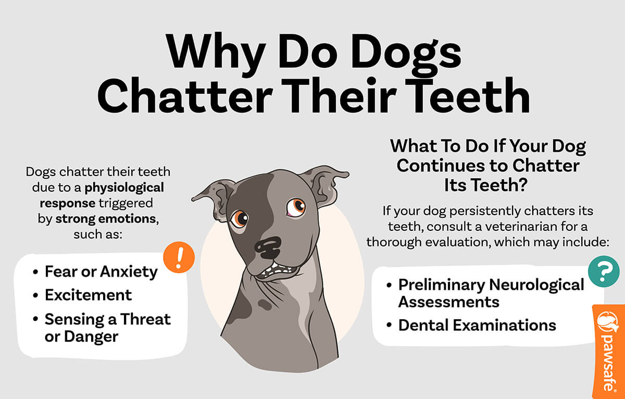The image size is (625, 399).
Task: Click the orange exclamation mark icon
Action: point(179,257)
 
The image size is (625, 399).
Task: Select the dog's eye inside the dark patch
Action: point(240,218)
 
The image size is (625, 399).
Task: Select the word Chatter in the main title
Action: point(193,97)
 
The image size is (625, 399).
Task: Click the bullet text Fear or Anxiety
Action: point(101,271)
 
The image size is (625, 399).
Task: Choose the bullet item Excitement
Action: point(89,295)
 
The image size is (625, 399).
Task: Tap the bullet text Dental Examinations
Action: point(477,325)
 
